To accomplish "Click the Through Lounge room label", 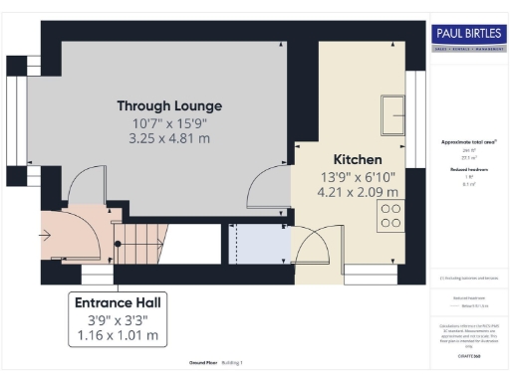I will pyautogui.click(x=169, y=105).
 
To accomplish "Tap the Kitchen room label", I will pyautogui.click(x=357, y=159).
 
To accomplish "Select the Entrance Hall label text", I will pyautogui.click(x=119, y=300).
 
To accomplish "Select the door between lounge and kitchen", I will pyautogui.click(x=269, y=189).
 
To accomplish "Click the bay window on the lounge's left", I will pyautogui.click(x=17, y=129).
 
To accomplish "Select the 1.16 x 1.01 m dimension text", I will pyautogui.click(x=119, y=336).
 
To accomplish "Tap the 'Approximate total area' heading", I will pyautogui.click(x=468, y=142).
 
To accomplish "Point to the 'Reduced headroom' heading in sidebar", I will pyautogui.click(x=468, y=170).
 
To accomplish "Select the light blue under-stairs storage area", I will pyautogui.click(x=255, y=245).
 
